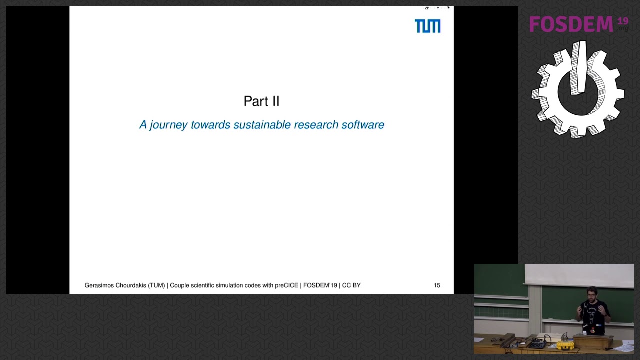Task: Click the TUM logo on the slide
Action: tap(427, 26)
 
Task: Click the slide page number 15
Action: tap(437, 285)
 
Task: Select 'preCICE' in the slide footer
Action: tap(286, 285)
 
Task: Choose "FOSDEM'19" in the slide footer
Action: tap(320, 285)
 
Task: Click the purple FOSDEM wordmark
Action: tap(571, 24)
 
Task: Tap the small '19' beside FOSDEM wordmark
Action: tap(622, 21)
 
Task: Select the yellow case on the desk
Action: tap(565, 345)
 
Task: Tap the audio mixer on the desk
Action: tap(537, 344)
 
